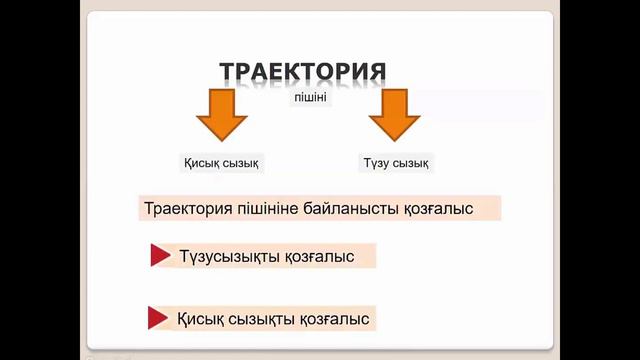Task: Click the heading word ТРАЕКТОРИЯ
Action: tap(302, 73)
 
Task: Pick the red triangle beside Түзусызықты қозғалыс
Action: tap(159, 256)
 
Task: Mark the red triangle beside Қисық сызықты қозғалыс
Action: tap(157, 319)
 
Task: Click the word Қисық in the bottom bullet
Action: tap(199, 319)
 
